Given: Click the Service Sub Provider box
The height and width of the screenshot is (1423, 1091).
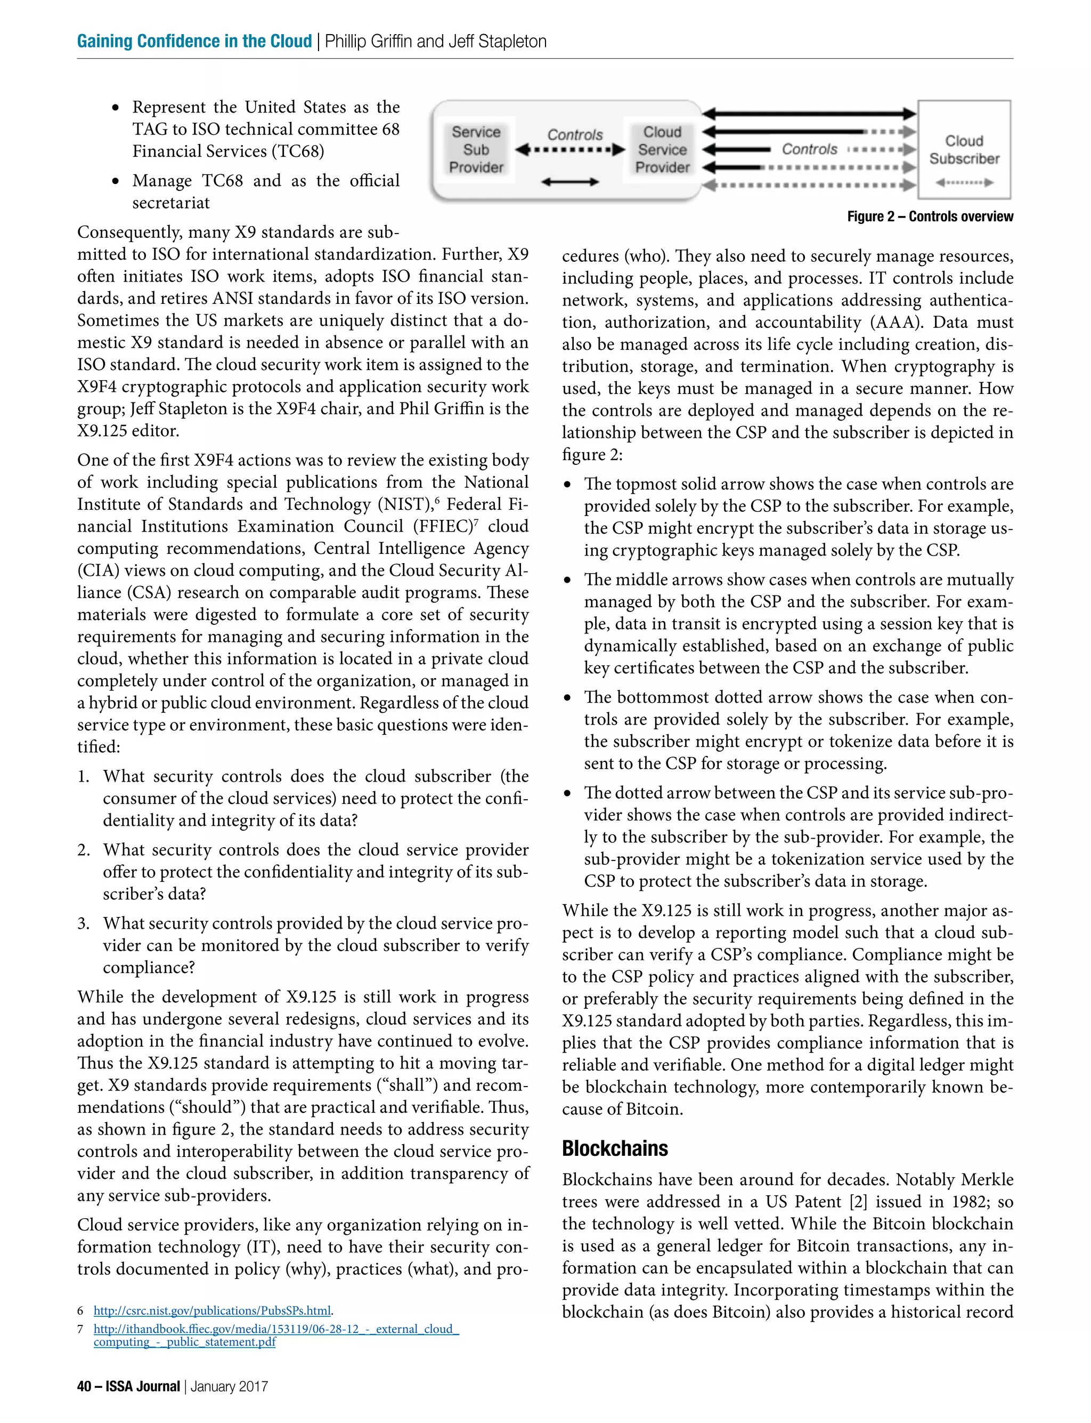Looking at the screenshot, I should tap(476, 149).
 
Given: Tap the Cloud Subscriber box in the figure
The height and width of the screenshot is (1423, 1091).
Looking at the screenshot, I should tap(964, 149).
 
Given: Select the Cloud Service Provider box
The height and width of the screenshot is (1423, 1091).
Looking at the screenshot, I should tap(662, 149).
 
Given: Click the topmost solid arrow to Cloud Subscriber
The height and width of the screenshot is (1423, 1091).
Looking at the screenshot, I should tap(809, 114).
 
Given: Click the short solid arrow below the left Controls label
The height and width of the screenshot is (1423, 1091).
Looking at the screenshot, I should tap(569, 182).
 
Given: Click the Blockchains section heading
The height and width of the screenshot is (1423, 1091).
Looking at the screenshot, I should tap(614, 1148).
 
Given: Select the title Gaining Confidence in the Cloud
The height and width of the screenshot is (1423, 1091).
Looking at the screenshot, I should tap(194, 41).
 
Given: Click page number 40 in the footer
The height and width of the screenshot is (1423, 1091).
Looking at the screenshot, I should tap(84, 1386).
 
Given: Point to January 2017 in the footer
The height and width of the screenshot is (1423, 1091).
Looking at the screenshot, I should tap(229, 1386).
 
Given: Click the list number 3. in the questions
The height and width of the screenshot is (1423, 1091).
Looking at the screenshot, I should tap(84, 923).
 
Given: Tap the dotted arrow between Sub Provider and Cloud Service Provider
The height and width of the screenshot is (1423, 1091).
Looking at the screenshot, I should tap(569, 150).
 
